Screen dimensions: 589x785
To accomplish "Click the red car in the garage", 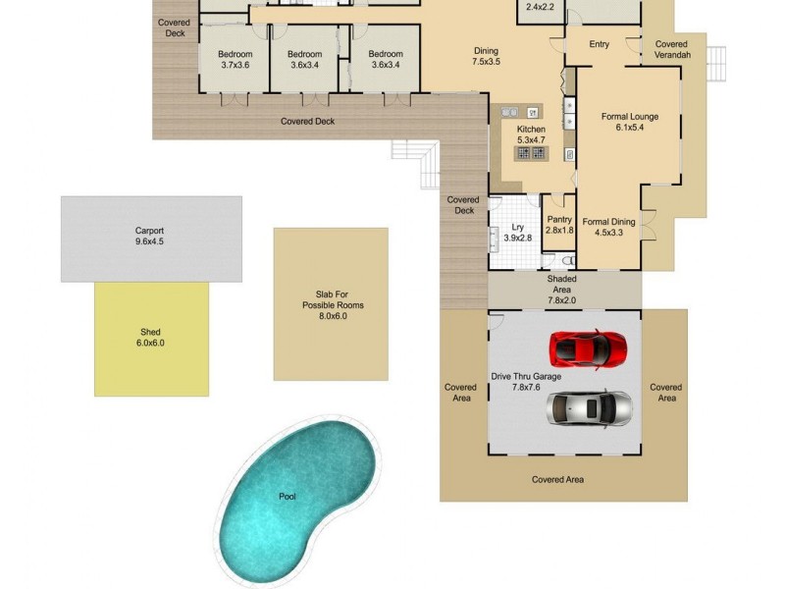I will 588,347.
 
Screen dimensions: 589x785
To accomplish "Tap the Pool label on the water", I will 288,497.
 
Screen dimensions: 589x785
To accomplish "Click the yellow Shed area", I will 151,339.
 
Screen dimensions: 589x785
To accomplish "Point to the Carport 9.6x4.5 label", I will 149,237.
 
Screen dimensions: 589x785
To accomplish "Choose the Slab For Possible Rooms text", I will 333,299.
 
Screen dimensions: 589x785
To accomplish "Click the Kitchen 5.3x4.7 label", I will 531,135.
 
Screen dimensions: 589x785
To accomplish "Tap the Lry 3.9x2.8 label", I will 517,233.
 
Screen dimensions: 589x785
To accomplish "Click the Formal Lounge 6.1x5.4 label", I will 629,122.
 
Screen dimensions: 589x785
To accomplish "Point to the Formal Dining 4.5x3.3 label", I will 608,227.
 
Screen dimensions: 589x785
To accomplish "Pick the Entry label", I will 600,44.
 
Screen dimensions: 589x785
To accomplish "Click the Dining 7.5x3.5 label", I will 486,56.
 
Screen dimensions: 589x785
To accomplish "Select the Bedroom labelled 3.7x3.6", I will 235,59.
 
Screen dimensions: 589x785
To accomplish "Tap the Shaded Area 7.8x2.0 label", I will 561,285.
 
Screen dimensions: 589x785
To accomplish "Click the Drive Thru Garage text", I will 526,376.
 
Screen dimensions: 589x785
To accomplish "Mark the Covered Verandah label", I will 672,50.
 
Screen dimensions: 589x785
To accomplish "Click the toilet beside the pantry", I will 569,261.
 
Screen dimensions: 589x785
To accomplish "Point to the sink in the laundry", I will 494,239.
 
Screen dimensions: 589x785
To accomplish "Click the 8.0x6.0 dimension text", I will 333,317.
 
